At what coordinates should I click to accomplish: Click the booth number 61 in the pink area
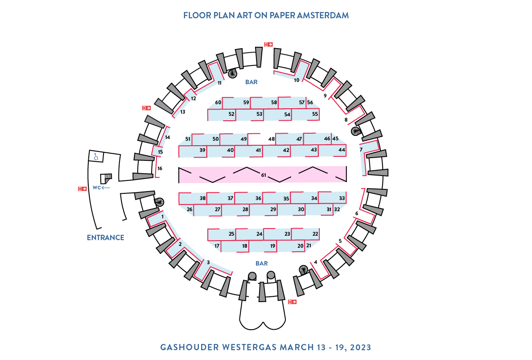pos(264,175)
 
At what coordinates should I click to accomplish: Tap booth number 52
pos(231,114)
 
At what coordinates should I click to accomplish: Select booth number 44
pos(342,150)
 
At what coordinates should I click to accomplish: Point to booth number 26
pos(190,209)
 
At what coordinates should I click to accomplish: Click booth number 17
pos(217,246)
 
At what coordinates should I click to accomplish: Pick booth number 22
pos(315,233)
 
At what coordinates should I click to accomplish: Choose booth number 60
pos(218,102)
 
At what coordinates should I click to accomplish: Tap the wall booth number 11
pos(219,83)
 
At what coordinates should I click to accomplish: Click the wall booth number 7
pos(361,150)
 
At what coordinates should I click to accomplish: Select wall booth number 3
pos(208,262)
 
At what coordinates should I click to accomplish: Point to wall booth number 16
pos(160,168)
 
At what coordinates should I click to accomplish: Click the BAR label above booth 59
pos(252,82)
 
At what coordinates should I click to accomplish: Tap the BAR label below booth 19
pos(262,263)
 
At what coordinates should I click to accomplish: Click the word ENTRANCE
pos(106,237)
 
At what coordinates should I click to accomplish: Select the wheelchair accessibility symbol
pos(96,157)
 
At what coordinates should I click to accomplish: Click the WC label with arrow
pos(101,188)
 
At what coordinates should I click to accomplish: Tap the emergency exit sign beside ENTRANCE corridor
pos(82,189)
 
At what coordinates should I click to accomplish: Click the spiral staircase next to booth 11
pos(232,73)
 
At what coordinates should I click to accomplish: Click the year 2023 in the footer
pos(361,348)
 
